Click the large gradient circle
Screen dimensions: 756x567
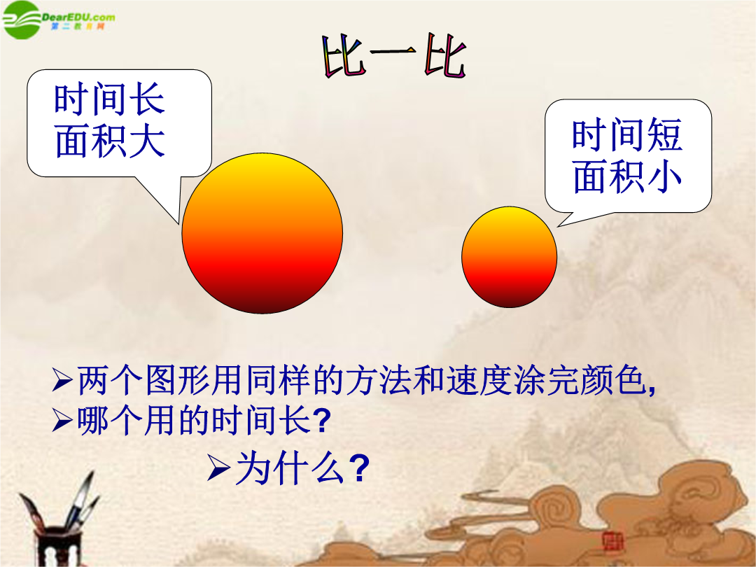coord(262,233)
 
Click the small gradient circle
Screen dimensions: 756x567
coord(509,257)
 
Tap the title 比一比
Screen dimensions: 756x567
coord(394,57)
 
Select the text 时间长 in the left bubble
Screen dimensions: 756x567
coord(109,99)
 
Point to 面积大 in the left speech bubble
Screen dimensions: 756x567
coord(110,141)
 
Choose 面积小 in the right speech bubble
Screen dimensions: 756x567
coord(626,176)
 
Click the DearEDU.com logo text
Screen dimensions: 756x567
coord(78,17)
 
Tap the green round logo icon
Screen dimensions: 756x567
coord(21,20)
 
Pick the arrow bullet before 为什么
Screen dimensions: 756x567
coord(218,467)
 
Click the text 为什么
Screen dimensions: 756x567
coord(290,467)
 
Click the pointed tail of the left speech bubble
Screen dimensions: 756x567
coord(178,224)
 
